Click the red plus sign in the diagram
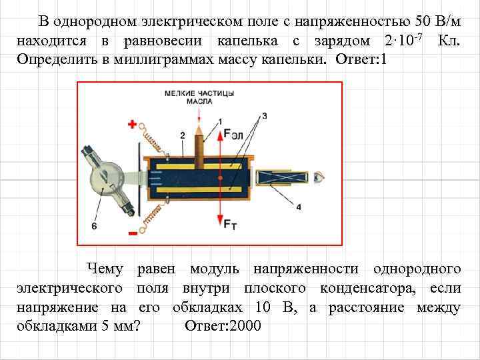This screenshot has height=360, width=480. (132, 124)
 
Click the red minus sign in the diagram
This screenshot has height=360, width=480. (132, 233)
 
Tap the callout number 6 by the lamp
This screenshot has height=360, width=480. (94, 227)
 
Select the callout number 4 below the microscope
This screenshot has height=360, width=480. (298, 207)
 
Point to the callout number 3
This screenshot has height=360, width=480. (264, 116)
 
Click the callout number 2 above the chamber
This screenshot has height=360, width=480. (182, 135)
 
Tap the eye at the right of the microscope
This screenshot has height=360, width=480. (320, 178)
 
